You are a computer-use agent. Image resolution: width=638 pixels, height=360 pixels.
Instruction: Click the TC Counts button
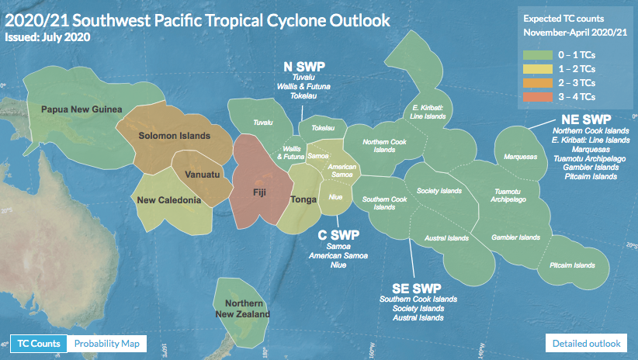pyautogui.click(x=39, y=344)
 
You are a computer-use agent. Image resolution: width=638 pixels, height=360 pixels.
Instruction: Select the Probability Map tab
pyautogui.click(x=107, y=344)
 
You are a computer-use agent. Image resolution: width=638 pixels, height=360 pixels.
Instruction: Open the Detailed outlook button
pyautogui.click(x=586, y=344)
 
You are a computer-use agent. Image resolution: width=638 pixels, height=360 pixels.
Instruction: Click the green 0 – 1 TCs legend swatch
pyautogui.click(x=538, y=55)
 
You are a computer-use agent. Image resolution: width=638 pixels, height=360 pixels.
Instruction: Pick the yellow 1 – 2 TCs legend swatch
pyautogui.click(x=538, y=69)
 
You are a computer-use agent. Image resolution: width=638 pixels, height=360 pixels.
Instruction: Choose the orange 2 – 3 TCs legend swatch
pyautogui.click(x=538, y=83)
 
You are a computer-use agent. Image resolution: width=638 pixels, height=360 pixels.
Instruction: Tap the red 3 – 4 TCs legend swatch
pyautogui.click(x=538, y=97)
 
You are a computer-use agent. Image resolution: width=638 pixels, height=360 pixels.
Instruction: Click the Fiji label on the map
pyautogui.click(x=259, y=192)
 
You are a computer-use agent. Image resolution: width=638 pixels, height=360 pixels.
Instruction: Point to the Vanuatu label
pyautogui.click(x=203, y=175)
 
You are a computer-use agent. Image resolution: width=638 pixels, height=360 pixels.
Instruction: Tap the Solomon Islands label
pyautogui.click(x=174, y=136)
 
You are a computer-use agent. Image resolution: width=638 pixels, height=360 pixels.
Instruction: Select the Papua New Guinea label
pyautogui.click(x=81, y=109)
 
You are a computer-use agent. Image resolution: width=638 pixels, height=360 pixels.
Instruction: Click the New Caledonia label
pyautogui.click(x=169, y=199)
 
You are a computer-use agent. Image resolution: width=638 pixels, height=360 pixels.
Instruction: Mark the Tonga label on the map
pyautogui.click(x=303, y=199)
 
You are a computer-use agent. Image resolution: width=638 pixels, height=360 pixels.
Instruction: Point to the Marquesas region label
pyautogui.click(x=520, y=157)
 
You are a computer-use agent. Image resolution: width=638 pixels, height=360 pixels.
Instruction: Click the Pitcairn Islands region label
pyautogui.click(x=572, y=265)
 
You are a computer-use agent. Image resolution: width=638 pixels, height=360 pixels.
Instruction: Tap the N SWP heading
pyautogui.click(x=304, y=67)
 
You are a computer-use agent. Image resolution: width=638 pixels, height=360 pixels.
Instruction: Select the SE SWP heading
pyautogui.click(x=417, y=289)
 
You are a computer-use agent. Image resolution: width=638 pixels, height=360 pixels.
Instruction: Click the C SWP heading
pyautogui.click(x=338, y=235)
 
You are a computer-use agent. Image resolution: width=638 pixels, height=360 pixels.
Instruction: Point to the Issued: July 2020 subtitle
pyautogui.click(x=47, y=37)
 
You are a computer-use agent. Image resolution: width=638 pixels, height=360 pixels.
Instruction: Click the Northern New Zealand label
pyautogui.click(x=243, y=309)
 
